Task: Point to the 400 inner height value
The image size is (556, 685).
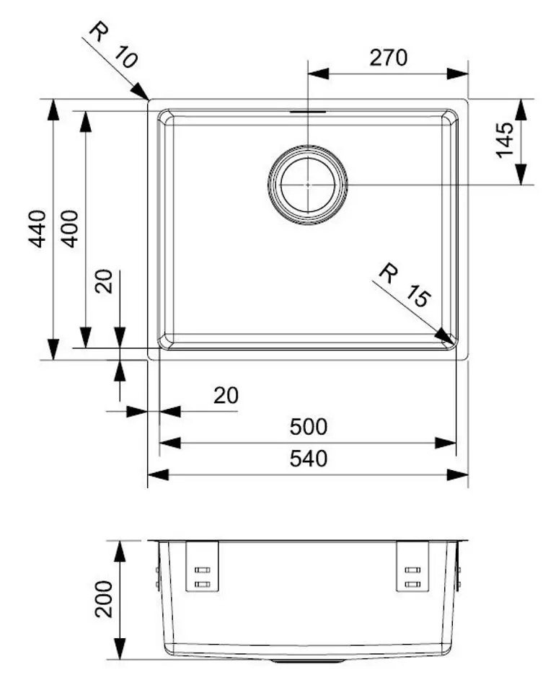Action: coord(69,228)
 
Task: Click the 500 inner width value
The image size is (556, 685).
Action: coord(308,427)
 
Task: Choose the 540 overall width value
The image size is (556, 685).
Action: coord(308,459)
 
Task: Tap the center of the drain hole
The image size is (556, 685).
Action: coord(308,184)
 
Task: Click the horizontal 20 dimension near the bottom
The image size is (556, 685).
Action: coord(226,395)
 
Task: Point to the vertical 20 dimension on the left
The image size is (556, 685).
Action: coord(105,282)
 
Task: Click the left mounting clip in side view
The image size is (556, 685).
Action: coord(202,567)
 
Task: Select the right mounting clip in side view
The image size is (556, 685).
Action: coord(412,567)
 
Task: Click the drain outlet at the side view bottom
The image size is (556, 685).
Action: coord(308,659)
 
